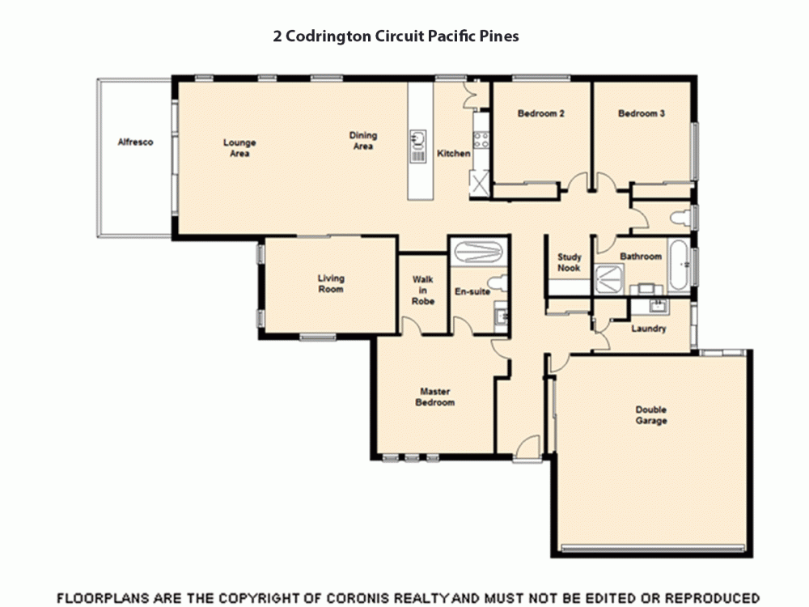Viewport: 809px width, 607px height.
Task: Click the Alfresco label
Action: click(135, 142)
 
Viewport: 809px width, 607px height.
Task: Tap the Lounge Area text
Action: click(239, 148)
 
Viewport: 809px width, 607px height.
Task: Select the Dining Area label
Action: click(363, 141)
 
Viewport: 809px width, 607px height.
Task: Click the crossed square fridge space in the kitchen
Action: click(481, 183)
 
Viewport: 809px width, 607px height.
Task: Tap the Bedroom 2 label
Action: click(540, 114)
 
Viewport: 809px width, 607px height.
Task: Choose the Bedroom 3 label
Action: click(642, 114)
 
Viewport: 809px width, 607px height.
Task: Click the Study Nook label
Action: click(569, 263)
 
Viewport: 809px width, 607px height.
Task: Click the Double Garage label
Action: click(650, 415)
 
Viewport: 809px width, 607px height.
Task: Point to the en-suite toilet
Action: click(502, 282)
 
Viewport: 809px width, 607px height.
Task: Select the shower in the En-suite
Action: click(478, 252)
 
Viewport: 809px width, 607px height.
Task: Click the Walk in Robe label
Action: click(423, 291)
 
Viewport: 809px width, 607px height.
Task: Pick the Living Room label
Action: click(330, 284)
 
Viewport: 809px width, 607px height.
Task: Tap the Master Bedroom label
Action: click(435, 397)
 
